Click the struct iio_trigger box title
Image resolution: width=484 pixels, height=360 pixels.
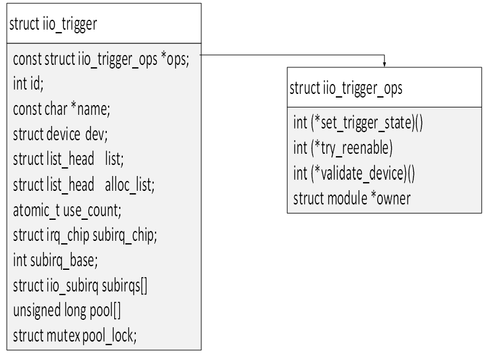pyautogui.click(x=53, y=25)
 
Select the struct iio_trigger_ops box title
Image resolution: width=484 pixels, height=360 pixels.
pyautogui.click(x=346, y=88)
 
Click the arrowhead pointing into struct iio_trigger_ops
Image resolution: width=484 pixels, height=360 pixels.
pyautogui.click(x=385, y=63)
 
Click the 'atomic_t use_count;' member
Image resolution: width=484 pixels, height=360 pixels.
pyautogui.click(x=67, y=209)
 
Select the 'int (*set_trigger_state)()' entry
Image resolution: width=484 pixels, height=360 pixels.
pyautogui.click(x=357, y=122)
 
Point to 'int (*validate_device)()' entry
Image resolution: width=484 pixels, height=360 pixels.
pyautogui.click(x=354, y=173)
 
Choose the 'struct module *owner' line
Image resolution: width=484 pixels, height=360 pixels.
pyautogui.click(x=352, y=198)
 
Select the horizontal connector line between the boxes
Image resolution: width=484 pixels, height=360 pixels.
pyautogui.click(x=290, y=54)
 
